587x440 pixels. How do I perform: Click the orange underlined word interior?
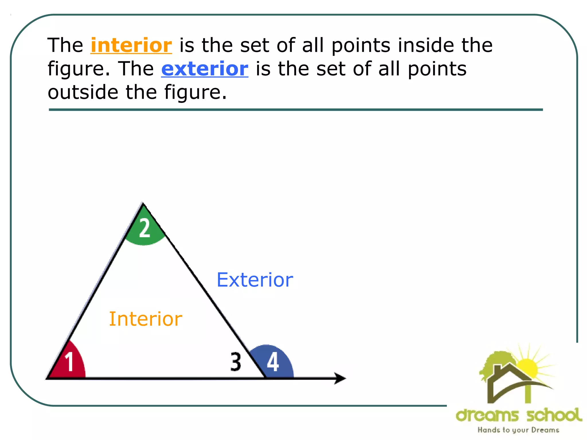[x=131, y=45]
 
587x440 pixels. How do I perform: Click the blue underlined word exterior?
[x=205, y=69]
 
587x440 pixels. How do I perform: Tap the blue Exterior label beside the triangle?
[x=255, y=280]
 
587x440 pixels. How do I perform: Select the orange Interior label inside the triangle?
[x=146, y=319]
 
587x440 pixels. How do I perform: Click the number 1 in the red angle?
[x=69, y=362]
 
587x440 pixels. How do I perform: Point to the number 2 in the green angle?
[x=144, y=228]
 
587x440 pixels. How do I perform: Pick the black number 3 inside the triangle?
[x=236, y=362]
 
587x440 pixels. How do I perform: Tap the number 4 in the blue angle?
[x=273, y=362]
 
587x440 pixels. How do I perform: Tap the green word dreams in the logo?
[x=487, y=415]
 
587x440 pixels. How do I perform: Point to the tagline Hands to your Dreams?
[x=518, y=430]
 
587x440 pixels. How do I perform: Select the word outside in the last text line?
[x=83, y=92]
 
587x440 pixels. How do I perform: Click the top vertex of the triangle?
[x=143, y=204]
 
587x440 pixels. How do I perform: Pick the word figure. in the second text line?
[x=79, y=69]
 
